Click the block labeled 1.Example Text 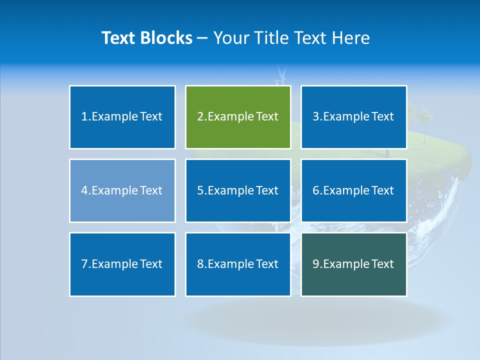click(x=122, y=117)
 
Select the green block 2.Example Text click(x=238, y=117)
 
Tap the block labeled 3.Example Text click(x=353, y=117)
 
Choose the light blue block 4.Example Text click(x=122, y=190)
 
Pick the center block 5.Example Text click(x=238, y=190)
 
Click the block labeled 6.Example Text click(x=353, y=190)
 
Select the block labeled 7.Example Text click(x=122, y=264)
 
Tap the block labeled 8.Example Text click(x=238, y=264)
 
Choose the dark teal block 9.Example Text click(x=353, y=264)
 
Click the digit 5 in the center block click(x=200, y=190)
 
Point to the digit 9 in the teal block click(x=316, y=264)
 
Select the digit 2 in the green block click(x=200, y=117)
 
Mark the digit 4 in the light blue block click(x=84, y=190)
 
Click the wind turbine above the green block click(x=280, y=76)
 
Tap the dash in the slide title click(x=203, y=38)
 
